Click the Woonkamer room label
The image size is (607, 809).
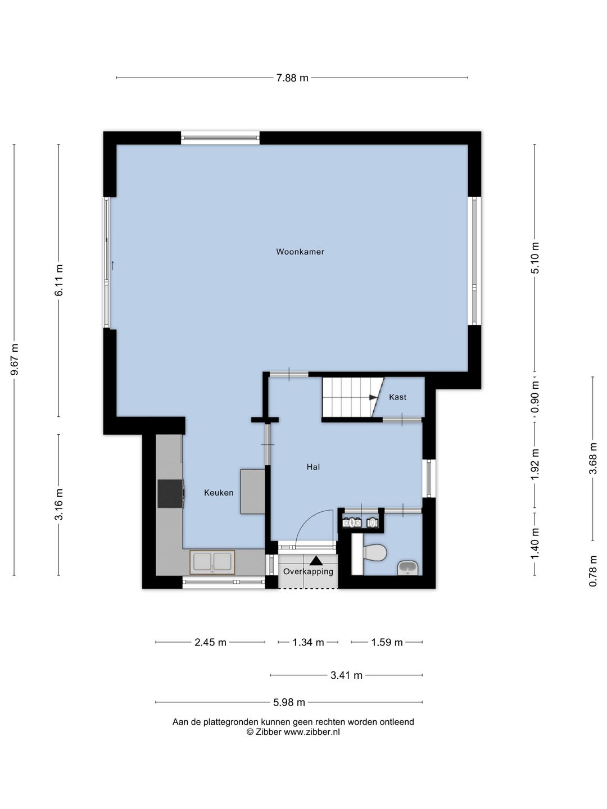click(x=300, y=252)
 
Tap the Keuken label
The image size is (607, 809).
click(x=219, y=493)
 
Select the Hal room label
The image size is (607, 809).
click(x=313, y=467)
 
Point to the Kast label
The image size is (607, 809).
click(x=398, y=397)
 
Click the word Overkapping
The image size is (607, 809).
click(x=308, y=572)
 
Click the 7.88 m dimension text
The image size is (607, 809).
click(x=292, y=78)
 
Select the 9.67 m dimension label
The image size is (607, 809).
click(x=15, y=360)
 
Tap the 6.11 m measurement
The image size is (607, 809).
click(x=59, y=280)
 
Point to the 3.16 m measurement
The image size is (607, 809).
click(x=59, y=505)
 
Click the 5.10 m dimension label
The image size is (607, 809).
click(x=534, y=258)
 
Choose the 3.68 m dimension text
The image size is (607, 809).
click(x=592, y=459)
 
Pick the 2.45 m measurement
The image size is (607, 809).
click(x=210, y=642)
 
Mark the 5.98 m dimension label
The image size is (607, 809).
click(x=289, y=702)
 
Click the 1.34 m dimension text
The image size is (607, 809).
click(x=308, y=642)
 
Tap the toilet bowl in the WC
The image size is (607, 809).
click(x=374, y=552)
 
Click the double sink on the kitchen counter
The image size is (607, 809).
click(x=212, y=562)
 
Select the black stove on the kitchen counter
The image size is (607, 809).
click(x=171, y=493)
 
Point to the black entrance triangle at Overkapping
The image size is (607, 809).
click(x=315, y=561)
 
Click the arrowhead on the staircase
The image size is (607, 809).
click(x=374, y=398)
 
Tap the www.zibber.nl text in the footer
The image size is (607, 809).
click(x=311, y=732)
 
